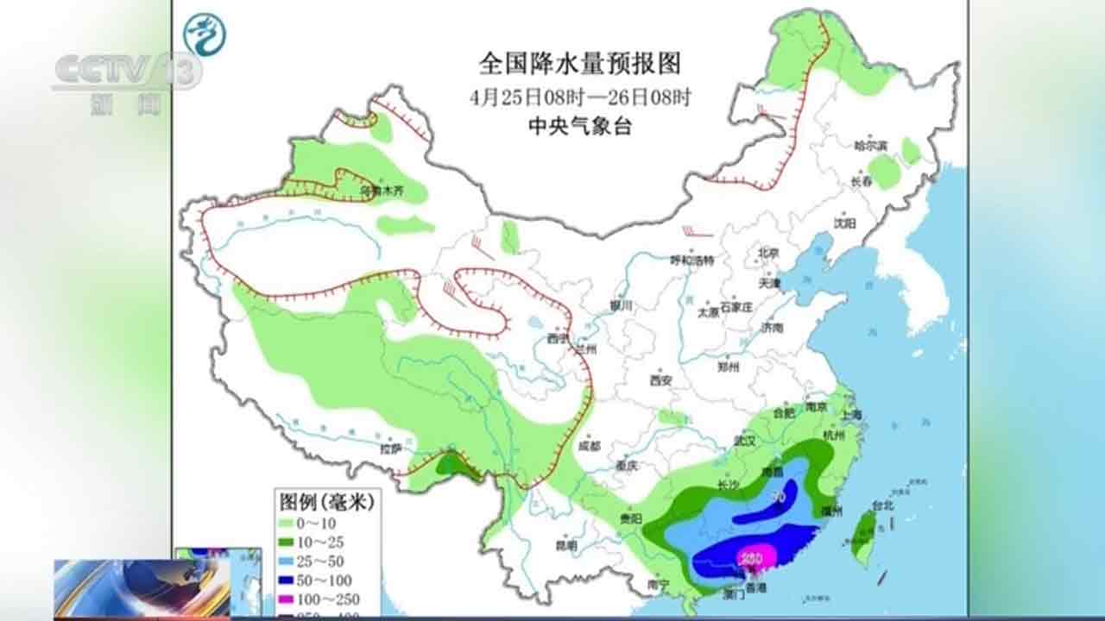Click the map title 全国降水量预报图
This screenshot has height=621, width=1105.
[579, 64]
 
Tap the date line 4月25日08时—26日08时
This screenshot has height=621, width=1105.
[579, 97]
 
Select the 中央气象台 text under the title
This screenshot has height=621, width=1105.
[579, 127]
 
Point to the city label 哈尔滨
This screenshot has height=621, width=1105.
[871, 146]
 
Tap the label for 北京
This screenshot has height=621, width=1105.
[767, 253]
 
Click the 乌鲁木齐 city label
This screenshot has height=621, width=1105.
[381, 189]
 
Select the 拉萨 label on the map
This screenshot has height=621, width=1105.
[391, 448]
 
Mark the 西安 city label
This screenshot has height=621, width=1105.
[661, 379]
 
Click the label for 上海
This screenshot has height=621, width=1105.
[849, 415]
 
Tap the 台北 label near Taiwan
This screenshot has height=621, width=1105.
[883, 506]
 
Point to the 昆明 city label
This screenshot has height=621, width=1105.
[565, 545]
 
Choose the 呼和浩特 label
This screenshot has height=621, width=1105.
[693, 260]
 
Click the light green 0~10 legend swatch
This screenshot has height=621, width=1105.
[291, 523]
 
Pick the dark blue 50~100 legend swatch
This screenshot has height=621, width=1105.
[291, 580]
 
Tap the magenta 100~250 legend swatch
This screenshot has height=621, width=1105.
[291, 599]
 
